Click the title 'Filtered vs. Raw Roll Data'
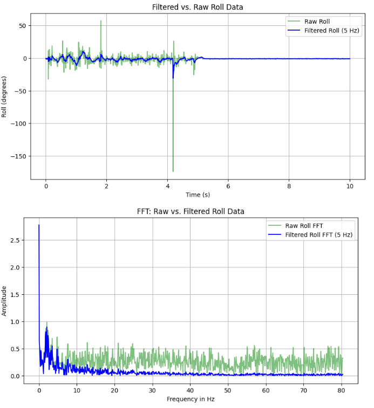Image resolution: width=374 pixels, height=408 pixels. (198, 7)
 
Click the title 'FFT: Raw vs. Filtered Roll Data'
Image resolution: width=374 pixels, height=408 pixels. (191, 211)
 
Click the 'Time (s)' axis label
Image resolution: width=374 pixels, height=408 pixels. (198, 195)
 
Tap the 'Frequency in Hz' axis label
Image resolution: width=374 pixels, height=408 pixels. (191, 399)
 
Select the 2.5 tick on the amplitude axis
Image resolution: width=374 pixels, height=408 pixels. (15, 240)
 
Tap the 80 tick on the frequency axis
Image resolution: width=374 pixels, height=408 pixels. (341, 390)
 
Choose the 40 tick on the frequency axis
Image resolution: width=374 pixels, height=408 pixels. (190, 390)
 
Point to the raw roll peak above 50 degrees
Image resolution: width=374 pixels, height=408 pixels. (101, 21)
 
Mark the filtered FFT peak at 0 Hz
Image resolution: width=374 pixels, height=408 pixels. (39, 225)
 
